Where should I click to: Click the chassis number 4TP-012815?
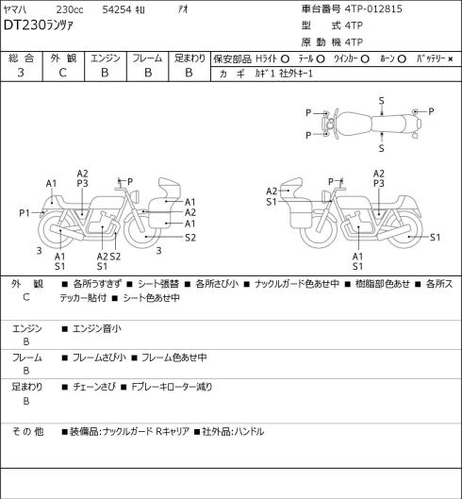point(373,8)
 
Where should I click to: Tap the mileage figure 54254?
point(117,9)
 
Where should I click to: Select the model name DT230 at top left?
point(25,25)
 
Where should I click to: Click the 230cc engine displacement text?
point(70,9)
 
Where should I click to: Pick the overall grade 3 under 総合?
point(21,73)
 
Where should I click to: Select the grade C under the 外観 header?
point(62,73)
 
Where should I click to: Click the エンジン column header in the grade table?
point(106,58)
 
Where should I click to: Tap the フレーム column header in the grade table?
point(147,58)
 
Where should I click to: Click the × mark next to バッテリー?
point(451,58)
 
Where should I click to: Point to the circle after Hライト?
point(285,58)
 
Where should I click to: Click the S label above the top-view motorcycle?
point(382,101)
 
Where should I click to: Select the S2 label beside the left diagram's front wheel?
point(190,238)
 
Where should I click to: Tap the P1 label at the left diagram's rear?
point(25,212)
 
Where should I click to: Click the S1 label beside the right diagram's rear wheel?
point(435,237)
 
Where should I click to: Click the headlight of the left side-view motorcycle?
point(136,195)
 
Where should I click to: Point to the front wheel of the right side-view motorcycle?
point(318,229)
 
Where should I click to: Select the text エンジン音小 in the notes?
point(97,328)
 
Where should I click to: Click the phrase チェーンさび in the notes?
point(94,387)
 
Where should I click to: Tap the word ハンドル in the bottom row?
point(249,431)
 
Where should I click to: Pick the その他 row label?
point(27,431)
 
